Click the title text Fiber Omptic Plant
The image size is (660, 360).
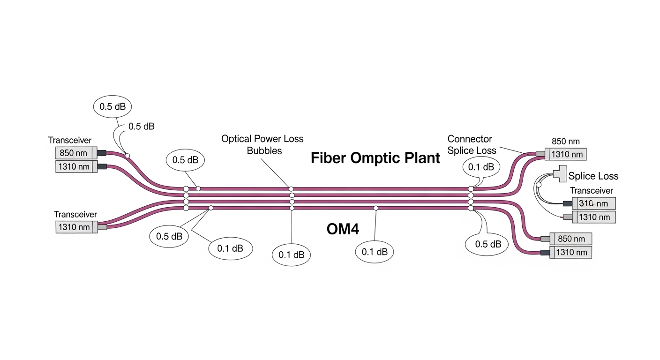coord(375,158)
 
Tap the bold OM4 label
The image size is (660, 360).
coord(342,229)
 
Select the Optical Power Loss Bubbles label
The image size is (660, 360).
coord(262,144)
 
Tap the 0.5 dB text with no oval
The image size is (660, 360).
coord(141,126)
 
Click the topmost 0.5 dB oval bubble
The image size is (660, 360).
coord(112,106)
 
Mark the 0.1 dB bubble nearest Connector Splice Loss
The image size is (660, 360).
coord(481,167)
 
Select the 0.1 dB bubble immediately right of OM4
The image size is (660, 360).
coord(375,252)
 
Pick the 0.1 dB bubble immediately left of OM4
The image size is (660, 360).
coord(292,255)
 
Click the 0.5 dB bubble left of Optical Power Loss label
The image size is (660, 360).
coord(185,160)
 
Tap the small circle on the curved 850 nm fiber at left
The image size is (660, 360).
coord(127,155)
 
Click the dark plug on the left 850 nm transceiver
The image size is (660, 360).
coord(101,153)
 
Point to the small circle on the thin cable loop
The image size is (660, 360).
coord(538,185)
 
